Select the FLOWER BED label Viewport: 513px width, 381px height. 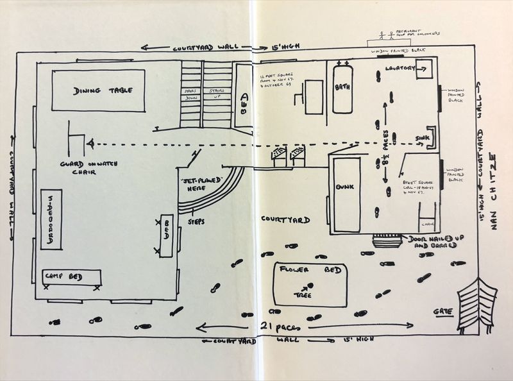(x=299, y=270)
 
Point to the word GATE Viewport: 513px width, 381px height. (x=442, y=312)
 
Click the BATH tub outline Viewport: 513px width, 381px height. (x=343, y=87)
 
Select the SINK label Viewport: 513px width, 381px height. (x=421, y=138)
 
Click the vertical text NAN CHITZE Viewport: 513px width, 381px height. (x=494, y=192)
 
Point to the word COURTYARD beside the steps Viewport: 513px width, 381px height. (x=286, y=219)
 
